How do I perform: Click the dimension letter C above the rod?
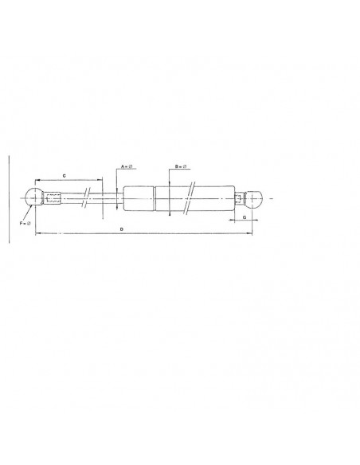coord(64,176)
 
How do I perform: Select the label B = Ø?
coord(181,166)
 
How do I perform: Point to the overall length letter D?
coord(121,229)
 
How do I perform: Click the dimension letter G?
coord(245,217)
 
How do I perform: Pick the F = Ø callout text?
coord(25,223)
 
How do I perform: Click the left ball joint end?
coord(33,196)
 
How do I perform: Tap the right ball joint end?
coord(254,198)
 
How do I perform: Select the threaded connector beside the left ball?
coord(52,197)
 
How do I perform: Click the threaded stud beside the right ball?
coord(239,198)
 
